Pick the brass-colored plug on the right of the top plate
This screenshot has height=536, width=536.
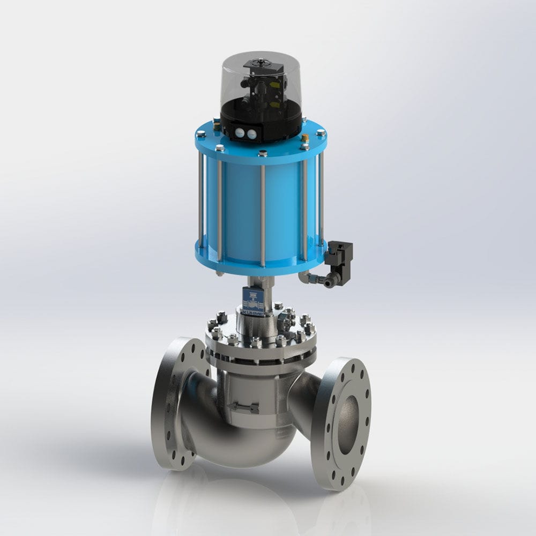click(x=304, y=138)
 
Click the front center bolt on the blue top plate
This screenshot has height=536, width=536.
click(x=263, y=155)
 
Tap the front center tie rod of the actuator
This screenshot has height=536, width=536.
click(x=263, y=214)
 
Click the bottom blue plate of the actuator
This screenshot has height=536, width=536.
click(x=257, y=265)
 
